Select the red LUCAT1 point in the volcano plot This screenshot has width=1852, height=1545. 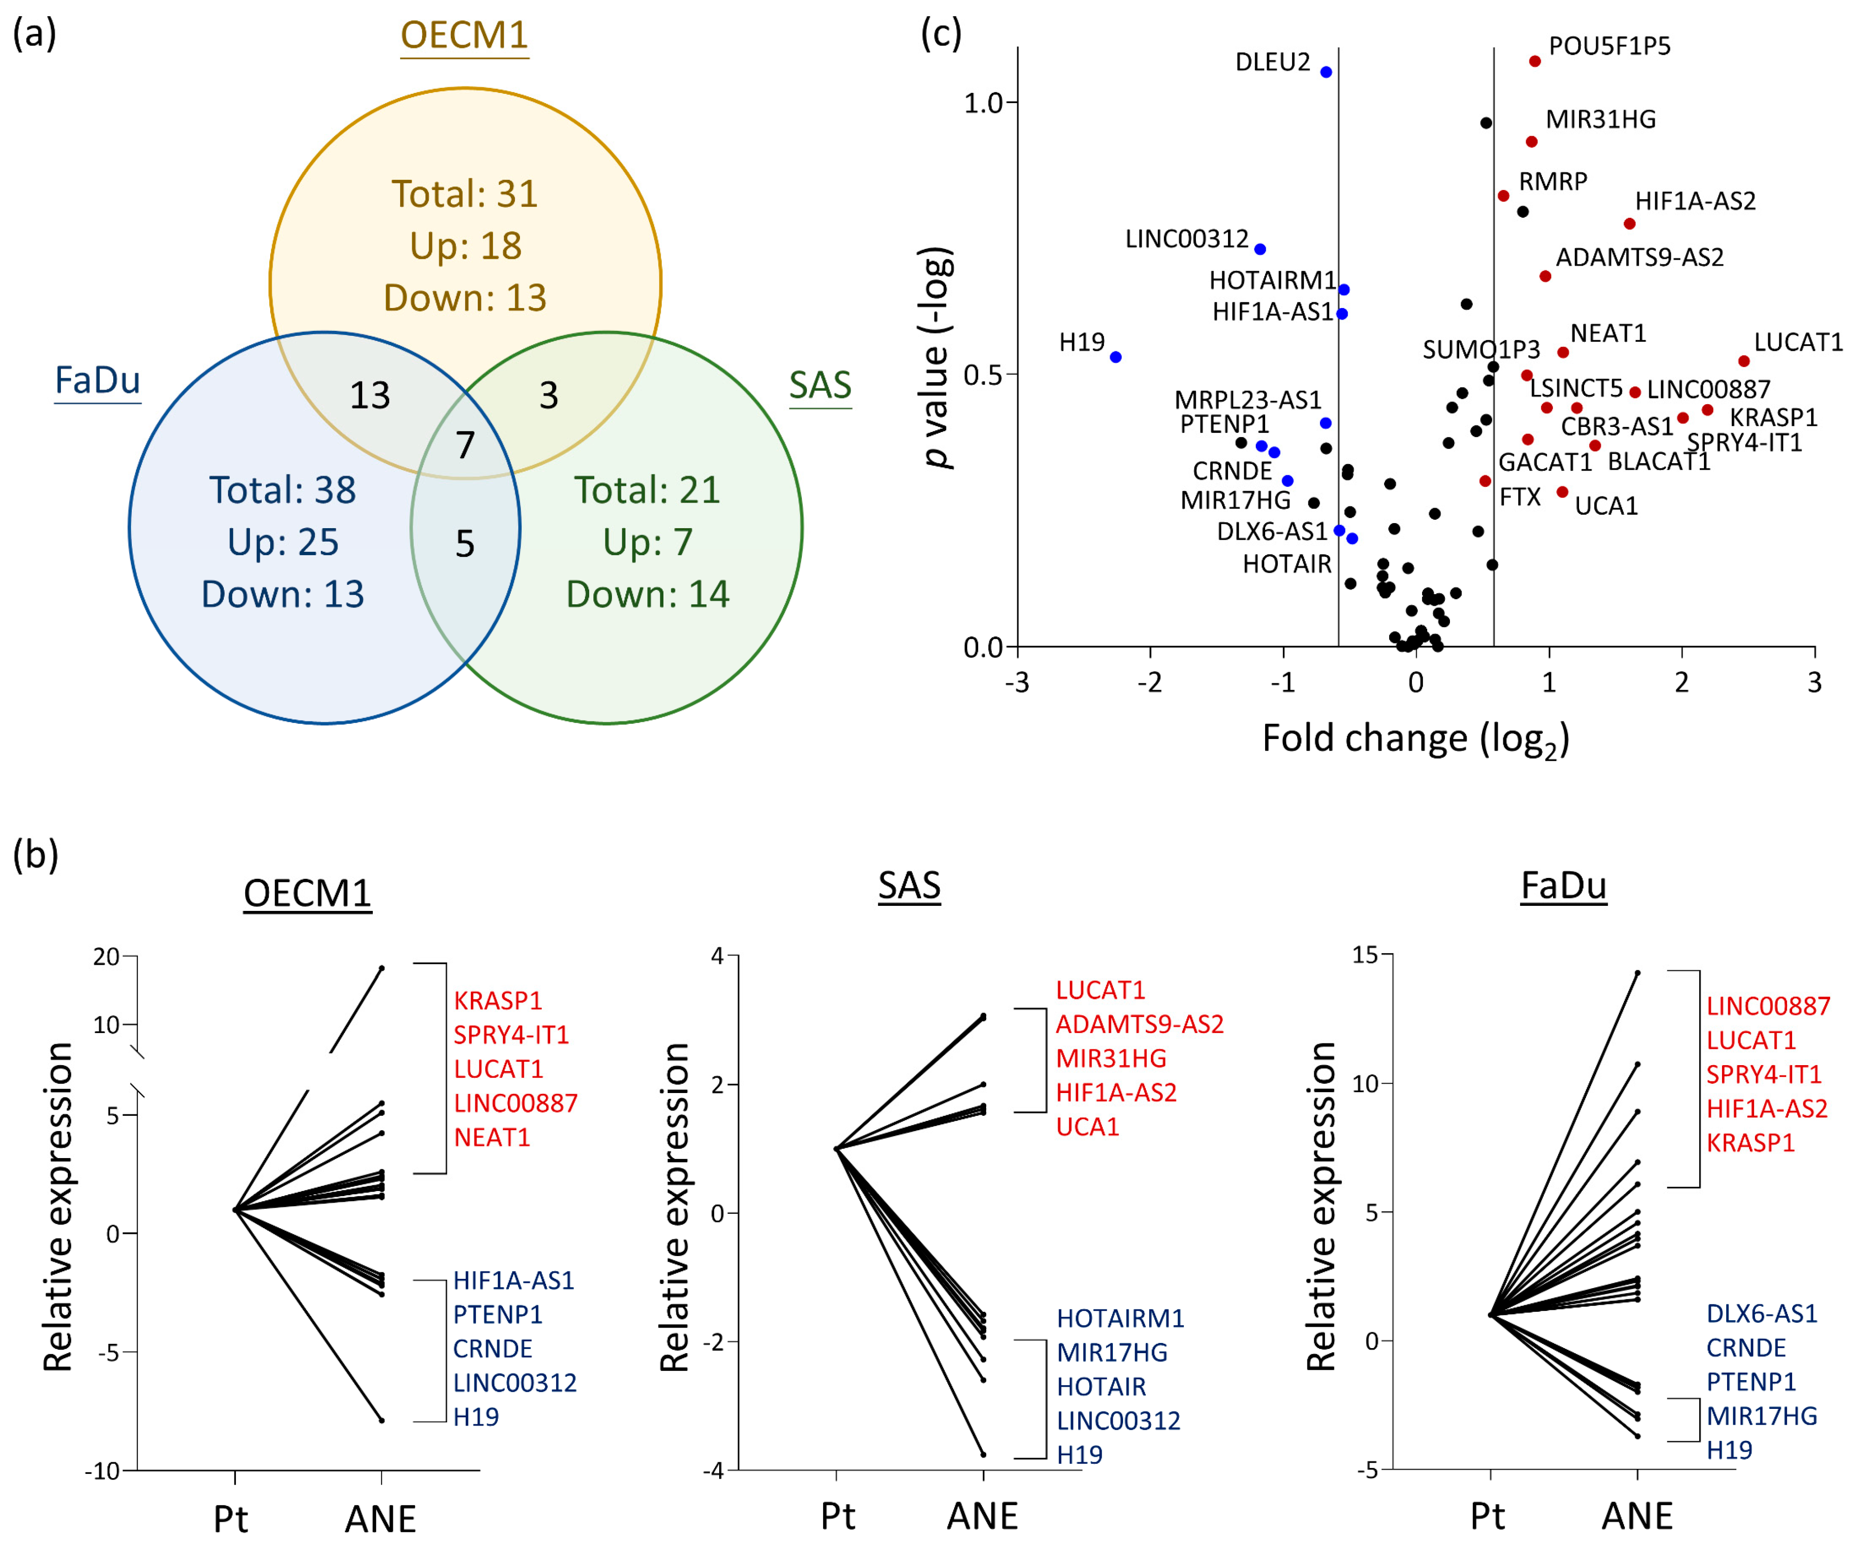[x=1743, y=361]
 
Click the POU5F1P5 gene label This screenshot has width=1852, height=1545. [x=1610, y=46]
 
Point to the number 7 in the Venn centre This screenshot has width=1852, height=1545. [x=465, y=445]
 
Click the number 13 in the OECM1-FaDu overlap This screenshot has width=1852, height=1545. [x=370, y=395]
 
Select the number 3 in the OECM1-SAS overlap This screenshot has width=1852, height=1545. [x=549, y=395]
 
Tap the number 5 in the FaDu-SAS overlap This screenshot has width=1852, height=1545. [x=465, y=543]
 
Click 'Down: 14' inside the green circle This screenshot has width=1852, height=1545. [x=647, y=594]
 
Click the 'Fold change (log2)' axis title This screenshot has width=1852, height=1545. [x=1416, y=739]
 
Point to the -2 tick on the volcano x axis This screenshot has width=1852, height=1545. [x=1150, y=682]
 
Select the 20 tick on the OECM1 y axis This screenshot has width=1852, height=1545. [x=106, y=956]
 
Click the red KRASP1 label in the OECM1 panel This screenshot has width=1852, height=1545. [x=497, y=1001]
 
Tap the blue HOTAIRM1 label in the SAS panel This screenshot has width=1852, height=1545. [x=1120, y=1318]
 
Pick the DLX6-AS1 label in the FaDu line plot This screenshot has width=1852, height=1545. [x=1761, y=1314]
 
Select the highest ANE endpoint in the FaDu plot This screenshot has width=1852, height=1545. [x=1638, y=973]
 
